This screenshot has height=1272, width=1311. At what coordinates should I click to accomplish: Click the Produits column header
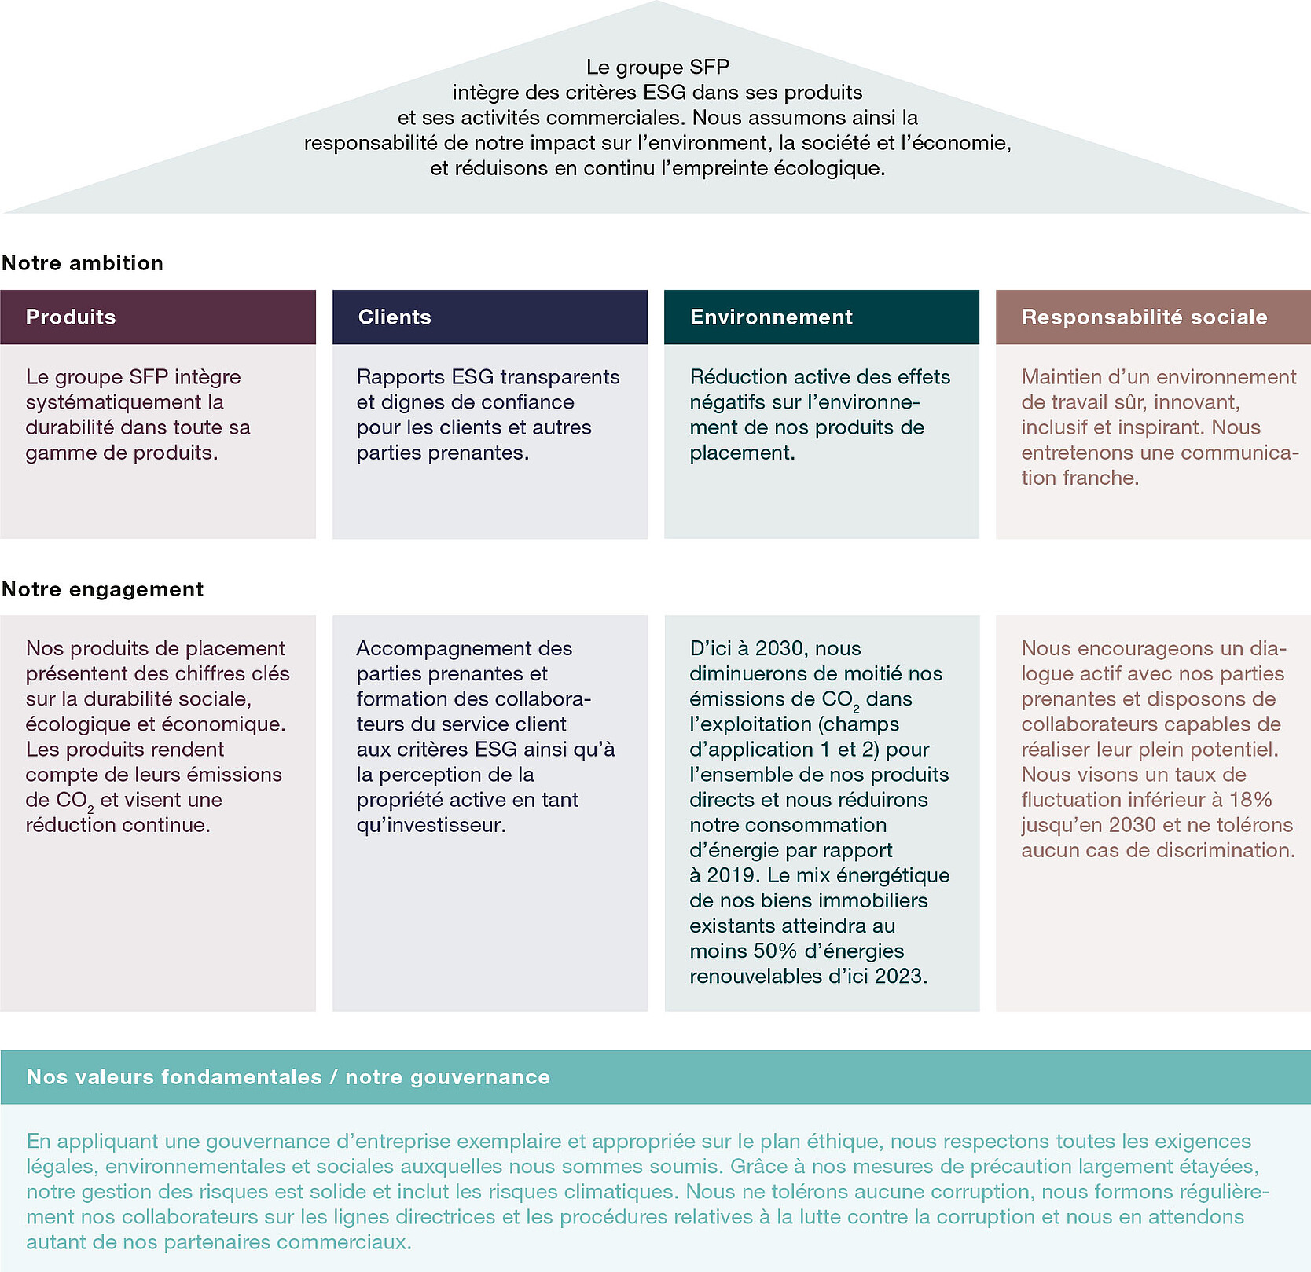[158, 317]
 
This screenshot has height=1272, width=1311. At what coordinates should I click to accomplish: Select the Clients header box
[490, 317]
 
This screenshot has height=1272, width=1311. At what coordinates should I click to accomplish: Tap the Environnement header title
[771, 317]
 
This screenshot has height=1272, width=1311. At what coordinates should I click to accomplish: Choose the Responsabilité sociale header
[1153, 317]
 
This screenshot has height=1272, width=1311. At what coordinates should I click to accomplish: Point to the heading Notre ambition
[83, 263]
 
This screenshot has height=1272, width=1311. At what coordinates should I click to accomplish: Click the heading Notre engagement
[103, 589]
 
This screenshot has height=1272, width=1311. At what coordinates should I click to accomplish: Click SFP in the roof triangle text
[709, 68]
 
